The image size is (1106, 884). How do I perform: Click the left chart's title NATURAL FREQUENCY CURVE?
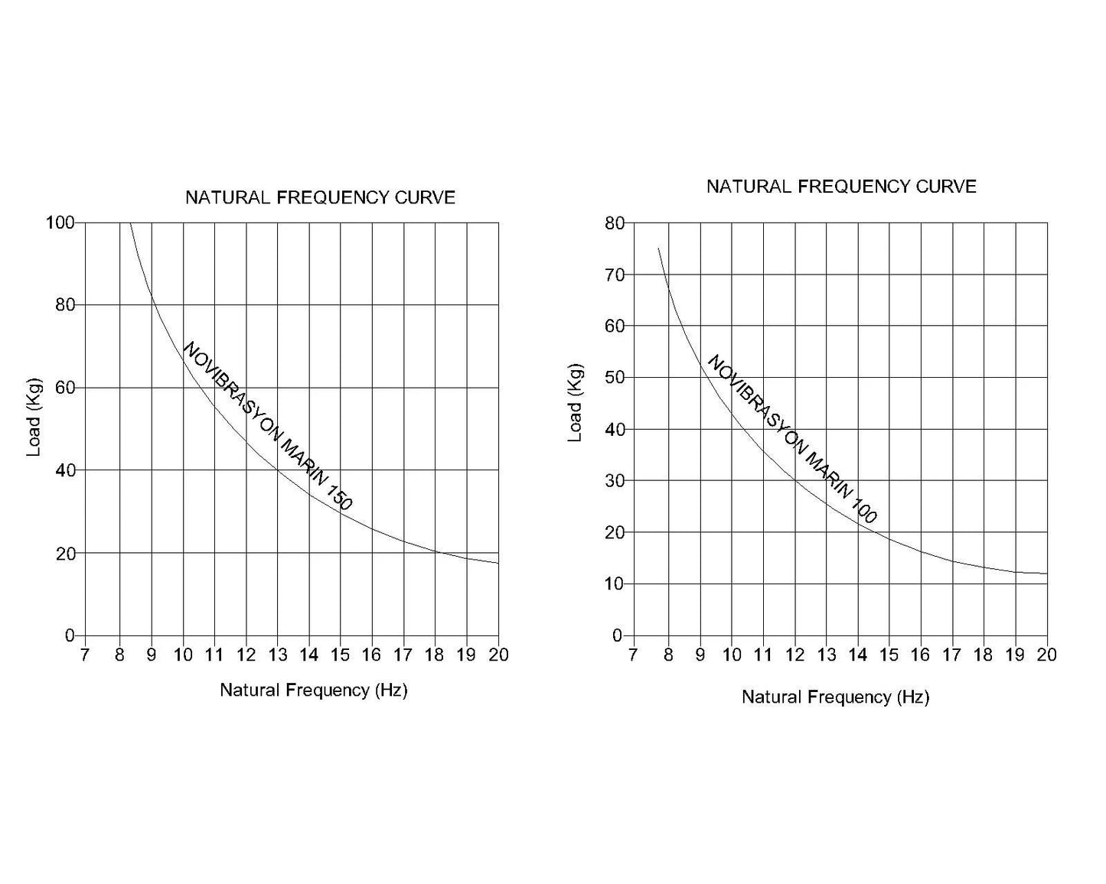pos(320,198)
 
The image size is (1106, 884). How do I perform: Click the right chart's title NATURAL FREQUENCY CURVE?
pos(841,187)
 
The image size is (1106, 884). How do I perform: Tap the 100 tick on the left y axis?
pos(60,223)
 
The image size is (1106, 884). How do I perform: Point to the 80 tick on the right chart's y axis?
pos(615,223)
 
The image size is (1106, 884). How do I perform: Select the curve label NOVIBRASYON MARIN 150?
pos(268,425)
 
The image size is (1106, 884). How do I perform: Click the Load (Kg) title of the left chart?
pos(34,418)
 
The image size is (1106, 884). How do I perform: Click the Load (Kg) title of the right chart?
pos(575,402)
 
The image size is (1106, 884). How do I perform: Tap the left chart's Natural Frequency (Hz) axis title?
pos(314,691)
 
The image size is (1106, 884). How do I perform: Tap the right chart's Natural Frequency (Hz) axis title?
pos(835,697)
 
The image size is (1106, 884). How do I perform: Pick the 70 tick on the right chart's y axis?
pos(615,275)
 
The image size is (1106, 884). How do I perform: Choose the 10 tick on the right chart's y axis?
pos(615,584)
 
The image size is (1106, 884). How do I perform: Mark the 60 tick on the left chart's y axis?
pos(66,388)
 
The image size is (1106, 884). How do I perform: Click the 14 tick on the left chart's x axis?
pos(308,655)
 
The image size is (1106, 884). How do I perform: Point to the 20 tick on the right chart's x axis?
pos(1046,655)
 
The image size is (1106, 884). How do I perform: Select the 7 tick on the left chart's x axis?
pos(84,655)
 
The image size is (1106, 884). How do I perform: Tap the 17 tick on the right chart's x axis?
pos(951,655)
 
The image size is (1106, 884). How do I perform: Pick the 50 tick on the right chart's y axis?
pos(615,378)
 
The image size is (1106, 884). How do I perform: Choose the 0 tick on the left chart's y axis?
pos(70,635)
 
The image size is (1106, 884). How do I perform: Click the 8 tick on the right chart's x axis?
pos(668,655)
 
